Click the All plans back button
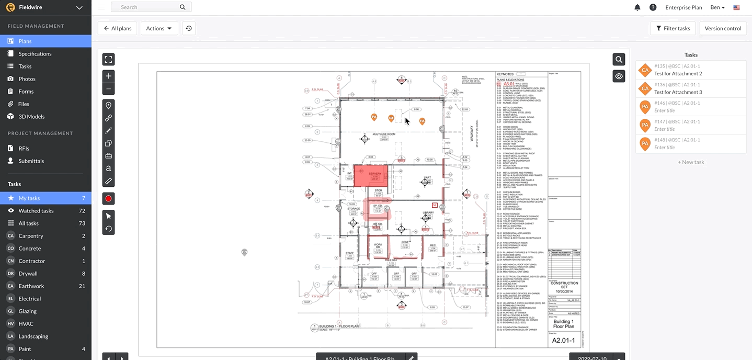tap(117, 28)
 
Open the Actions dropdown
tap(159, 28)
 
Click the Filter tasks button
tap(673, 28)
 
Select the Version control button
tap(723, 28)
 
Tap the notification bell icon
tap(637, 7)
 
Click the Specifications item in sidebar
tap(35, 54)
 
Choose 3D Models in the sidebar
tap(31, 117)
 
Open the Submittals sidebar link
tap(31, 161)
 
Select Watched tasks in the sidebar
tap(36, 211)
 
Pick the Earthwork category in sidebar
tap(31, 286)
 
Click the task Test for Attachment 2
tap(678, 74)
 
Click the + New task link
tap(691, 162)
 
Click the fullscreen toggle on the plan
tap(108, 60)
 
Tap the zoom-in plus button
tap(108, 76)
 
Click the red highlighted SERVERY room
tap(371, 175)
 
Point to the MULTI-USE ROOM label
tap(383, 134)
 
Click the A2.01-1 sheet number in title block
tap(563, 341)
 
